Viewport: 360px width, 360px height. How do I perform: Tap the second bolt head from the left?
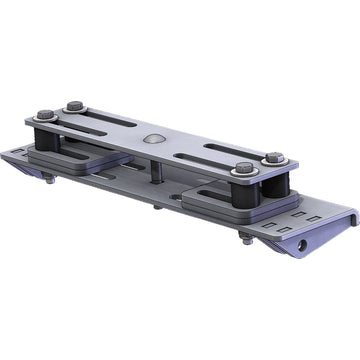click(x=75, y=104)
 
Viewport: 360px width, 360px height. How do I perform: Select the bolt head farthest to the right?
click(x=272, y=157)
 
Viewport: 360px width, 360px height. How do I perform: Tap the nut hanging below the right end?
click(x=245, y=238)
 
